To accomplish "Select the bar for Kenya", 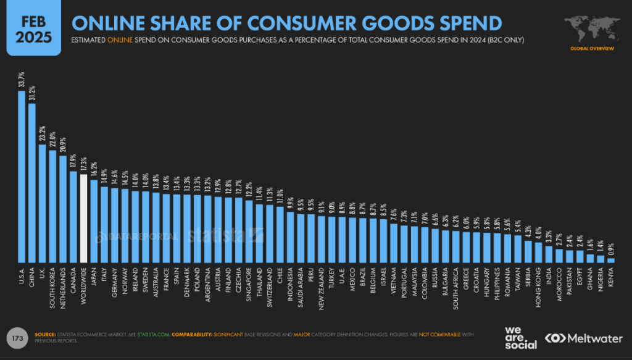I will [x=611, y=260].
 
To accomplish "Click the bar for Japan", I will [x=94, y=221].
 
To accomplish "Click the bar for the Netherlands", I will [x=63, y=209].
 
